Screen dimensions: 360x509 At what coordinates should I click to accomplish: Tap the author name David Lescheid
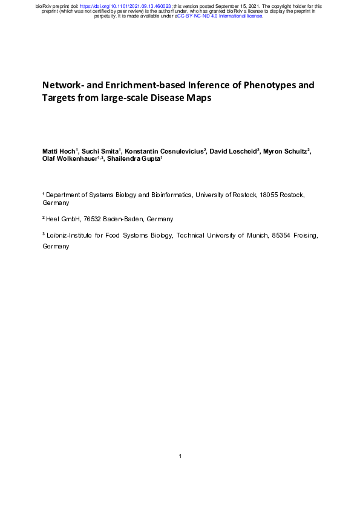[x=230, y=150]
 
